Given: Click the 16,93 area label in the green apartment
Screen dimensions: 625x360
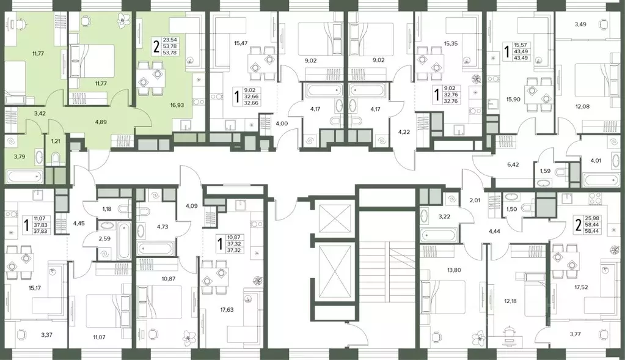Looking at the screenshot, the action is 177,105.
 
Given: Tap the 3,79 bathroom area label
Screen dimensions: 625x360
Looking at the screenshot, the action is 19,156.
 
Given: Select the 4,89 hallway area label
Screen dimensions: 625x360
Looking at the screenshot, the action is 100,122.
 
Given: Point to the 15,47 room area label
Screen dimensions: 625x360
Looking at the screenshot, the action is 241,42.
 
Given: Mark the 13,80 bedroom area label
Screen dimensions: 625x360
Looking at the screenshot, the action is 453,270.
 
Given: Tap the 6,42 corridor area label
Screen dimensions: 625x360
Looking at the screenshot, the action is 513,164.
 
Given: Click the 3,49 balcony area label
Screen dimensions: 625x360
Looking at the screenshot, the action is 580,24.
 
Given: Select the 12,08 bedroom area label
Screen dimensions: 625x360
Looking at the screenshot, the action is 582,106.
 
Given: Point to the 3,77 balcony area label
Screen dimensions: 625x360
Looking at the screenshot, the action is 575,334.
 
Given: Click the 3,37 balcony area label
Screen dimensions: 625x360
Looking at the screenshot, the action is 46,335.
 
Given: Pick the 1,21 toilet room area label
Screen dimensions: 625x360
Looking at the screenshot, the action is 55,141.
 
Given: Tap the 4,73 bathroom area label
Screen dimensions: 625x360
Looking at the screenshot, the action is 163,227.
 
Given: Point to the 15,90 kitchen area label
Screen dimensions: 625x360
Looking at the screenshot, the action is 513,99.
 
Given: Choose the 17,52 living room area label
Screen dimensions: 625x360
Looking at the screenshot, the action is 580,287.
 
